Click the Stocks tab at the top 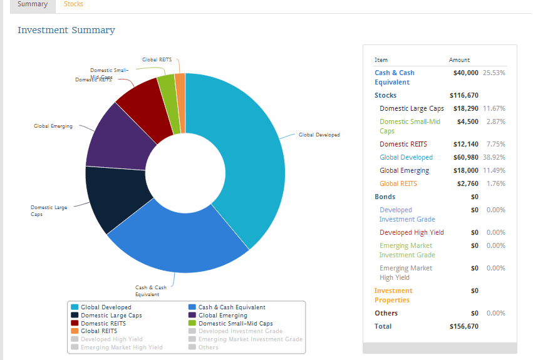(x=73, y=4)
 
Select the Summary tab (x=33, y=4)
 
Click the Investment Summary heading (x=66, y=30)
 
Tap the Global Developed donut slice (x=251, y=157)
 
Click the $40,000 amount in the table (x=465, y=73)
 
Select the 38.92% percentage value (x=494, y=158)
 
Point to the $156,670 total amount (x=464, y=327)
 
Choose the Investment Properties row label (x=393, y=296)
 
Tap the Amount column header (x=459, y=60)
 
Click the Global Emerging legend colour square (x=192, y=316)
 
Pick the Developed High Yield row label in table (x=411, y=233)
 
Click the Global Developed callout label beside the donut (x=319, y=135)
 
